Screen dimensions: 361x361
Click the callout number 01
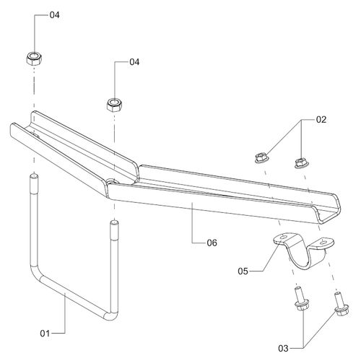click(x=45, y=334)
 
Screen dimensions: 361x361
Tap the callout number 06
click(x=212, y=243)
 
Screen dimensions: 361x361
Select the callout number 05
click(x=243, y=271)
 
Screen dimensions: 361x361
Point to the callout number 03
click(x=283, y=348)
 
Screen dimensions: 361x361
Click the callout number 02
click(x=321, y=120)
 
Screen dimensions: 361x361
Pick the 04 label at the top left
click(x=54, y=15)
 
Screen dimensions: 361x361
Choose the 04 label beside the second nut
click(x=134, y=62)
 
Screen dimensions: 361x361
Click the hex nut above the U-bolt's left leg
click(x=34, y=58)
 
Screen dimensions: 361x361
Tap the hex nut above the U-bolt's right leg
click(x=115, y=105)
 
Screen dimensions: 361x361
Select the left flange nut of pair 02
click(x=261, y=158)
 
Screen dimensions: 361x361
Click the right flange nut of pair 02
click(x=301, y=163)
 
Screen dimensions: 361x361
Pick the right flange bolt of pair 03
click(x=341, y=305)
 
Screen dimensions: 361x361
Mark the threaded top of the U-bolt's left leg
click(x=34, y=185)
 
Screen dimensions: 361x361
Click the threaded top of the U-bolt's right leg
click(x=114, y=231)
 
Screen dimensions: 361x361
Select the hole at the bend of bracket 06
click(x=111, y=180)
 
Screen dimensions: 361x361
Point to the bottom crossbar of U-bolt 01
click(x=74, y=298)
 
